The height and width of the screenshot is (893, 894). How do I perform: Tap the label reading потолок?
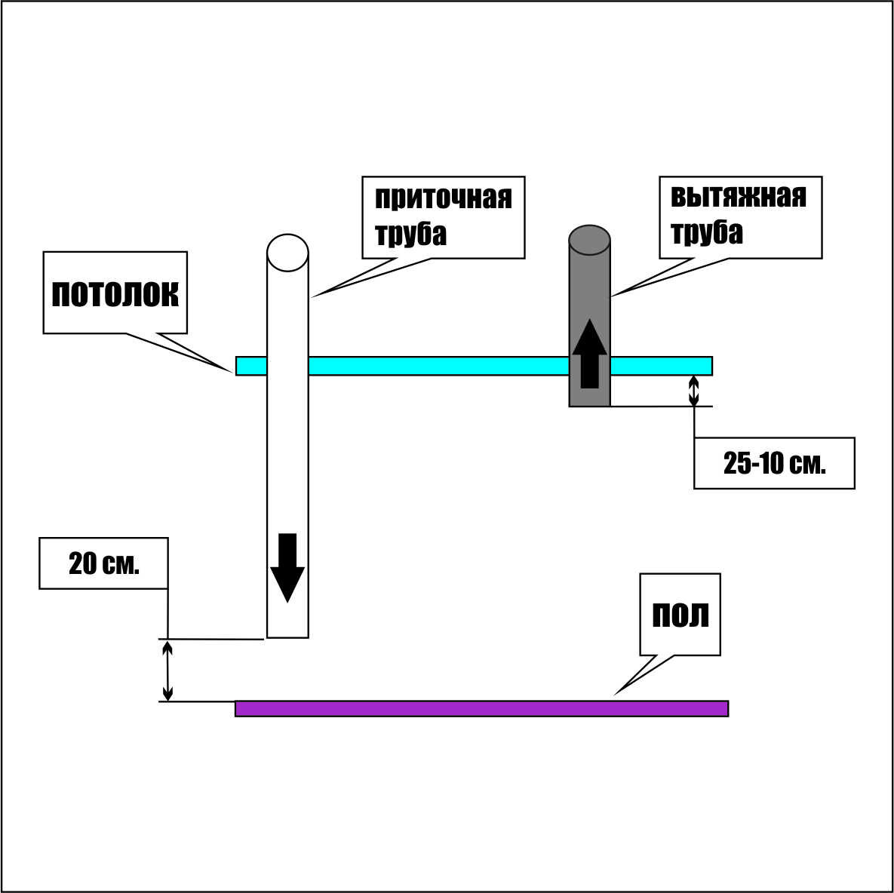click(x=115, y=294)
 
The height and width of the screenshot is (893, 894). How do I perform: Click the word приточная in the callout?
click(x=443, y=198)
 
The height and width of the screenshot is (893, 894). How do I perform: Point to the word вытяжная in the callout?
click(x=739, y=197)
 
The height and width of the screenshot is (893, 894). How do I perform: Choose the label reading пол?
click(x=680, y=614)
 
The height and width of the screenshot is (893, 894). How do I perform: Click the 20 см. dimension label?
click(x=104, y=563)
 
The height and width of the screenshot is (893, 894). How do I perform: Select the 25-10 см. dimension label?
click(x=774, y=463)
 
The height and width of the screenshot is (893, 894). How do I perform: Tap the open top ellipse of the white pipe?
click(x=287, y=252)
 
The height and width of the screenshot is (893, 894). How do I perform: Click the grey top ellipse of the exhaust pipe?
click(x=589, y=240)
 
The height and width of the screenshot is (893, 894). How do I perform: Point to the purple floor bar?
click(x=481, y=708)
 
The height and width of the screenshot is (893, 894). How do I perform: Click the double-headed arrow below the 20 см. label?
click(x=168, y=670)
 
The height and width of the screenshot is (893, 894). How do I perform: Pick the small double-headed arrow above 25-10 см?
click(x=694, y=391)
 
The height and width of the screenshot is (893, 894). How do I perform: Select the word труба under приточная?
click(x=410, y=233)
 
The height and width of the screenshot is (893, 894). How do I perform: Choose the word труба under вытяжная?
click(x=706, y=232)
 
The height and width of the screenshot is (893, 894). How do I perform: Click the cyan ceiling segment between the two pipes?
click(x=438, y=366)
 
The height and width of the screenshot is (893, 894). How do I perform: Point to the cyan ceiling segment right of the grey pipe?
click(x=661, y=366)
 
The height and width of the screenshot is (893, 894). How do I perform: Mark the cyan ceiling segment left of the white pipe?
click(x=251, y=366)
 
